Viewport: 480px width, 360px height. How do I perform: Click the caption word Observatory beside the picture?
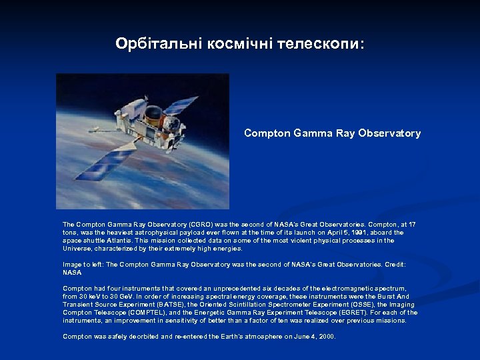click(x=392, y=133)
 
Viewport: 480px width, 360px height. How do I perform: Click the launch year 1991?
click(x=357, y=233)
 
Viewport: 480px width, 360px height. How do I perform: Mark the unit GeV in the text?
click(x=133, y=297)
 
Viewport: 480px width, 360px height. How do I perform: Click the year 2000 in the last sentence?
click(x=327, y=337)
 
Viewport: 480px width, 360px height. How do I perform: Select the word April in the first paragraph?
click(x=334, y=233)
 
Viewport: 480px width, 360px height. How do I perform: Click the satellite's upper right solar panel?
click(x=181, y=105)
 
